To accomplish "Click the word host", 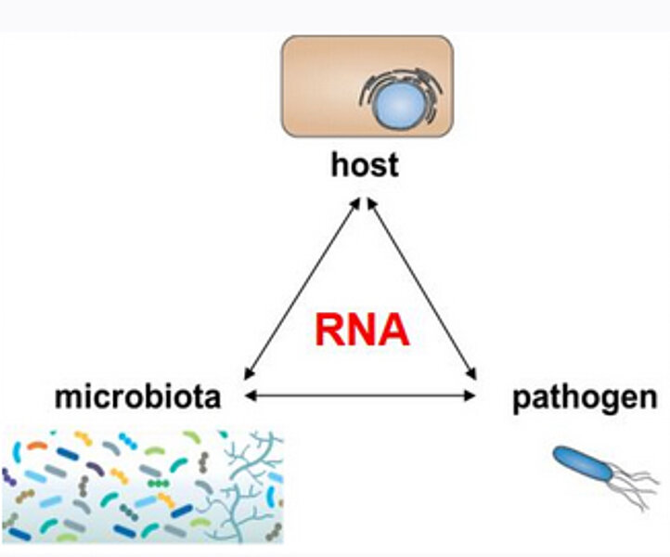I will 365,165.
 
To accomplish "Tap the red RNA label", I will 361,329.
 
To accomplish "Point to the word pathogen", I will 585,398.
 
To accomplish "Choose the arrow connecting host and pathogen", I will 422,288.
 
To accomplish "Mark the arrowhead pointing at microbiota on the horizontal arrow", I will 249,396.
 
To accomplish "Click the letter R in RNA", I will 329,329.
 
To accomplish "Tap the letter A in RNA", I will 393,329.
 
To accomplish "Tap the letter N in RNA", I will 361,329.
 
